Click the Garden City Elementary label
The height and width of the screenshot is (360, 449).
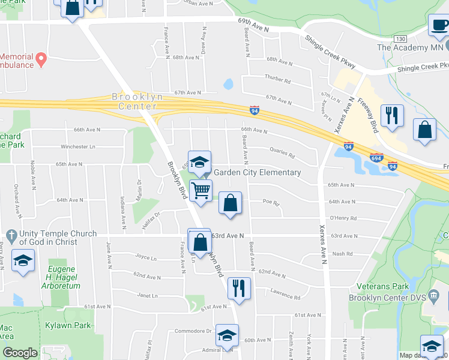click(x=258, y=172)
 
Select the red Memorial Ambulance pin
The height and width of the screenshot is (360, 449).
click(x=41, y=59)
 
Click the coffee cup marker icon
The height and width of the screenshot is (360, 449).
click(x=438, y=25)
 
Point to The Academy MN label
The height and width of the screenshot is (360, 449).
click(x=410, y=47)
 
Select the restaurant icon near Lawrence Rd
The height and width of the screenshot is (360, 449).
click(x=239, y=287)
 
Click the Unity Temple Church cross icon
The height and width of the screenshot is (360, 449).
click(x=11, y=233)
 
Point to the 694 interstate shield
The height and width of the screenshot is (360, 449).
click(x=376, y=157)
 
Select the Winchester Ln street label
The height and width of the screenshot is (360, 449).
click(x=78, y=146)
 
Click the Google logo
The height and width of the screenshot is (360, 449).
click(x=20, y=353)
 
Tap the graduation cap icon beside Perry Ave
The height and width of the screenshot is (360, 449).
click(x=23, y=260)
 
